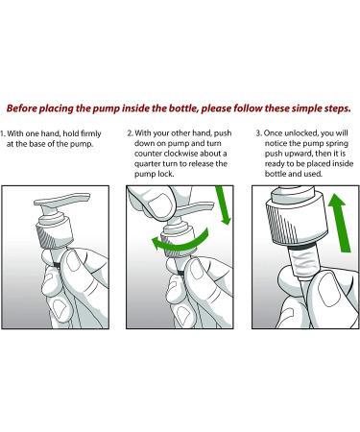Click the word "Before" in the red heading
point(19,108)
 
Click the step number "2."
point(131,132)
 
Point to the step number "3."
point(259,132)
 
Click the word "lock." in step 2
point(165,174)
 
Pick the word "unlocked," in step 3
point(300,133)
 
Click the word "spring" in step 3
point(337,144)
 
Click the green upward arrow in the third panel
point(340,223)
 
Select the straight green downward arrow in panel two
point(223,204)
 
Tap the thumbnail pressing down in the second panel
point(160,203)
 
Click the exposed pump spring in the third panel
point(300,264)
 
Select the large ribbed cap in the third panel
point(297,221)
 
